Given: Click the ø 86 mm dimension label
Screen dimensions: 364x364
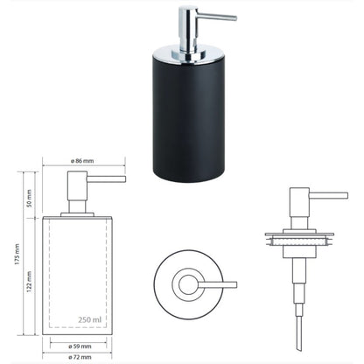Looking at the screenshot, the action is point(82,161).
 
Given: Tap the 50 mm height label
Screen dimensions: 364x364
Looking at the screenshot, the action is point(29,199).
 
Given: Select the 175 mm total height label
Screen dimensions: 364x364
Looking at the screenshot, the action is point(17,255).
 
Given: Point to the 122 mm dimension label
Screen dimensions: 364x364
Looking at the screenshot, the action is point(29,282).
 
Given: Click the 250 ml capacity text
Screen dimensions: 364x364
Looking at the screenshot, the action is point(90,319).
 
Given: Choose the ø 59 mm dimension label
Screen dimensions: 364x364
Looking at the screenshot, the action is point(80,346).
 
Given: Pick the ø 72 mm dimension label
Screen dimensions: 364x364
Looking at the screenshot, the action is point(80,357).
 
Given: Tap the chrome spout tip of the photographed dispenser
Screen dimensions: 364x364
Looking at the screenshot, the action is point(234,18).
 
